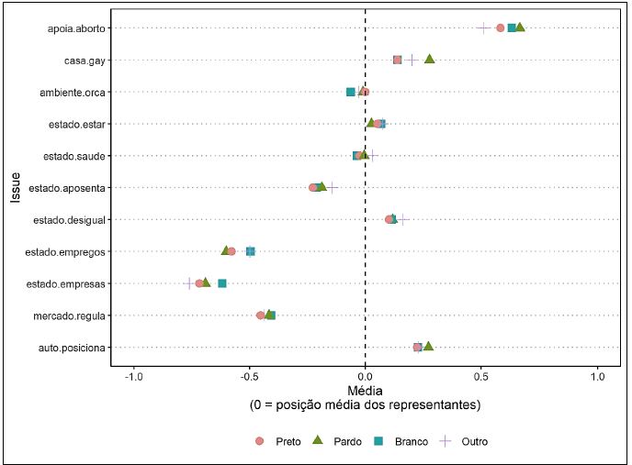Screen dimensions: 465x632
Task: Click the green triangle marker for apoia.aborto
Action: coord(520,28)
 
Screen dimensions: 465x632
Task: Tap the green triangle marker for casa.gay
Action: coord(429,60)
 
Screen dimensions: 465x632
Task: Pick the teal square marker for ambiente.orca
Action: coord(351,92)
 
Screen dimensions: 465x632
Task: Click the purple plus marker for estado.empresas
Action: coord(189,283)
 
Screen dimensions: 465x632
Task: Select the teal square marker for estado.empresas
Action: coord(222,283)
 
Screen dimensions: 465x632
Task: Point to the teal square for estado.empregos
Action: coord(251,251)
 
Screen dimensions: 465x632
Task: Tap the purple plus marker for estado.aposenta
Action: coord(333,187)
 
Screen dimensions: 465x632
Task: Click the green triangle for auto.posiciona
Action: coord(428,347)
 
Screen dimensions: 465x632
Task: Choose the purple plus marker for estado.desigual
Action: coord(402,219)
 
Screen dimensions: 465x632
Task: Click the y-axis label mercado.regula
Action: coord(75,316)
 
